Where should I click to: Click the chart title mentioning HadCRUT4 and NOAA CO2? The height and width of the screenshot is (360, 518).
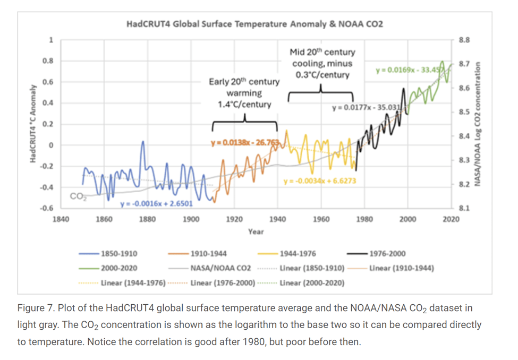254,24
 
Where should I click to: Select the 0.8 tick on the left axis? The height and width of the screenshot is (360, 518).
48,61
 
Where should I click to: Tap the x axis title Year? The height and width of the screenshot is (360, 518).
256,232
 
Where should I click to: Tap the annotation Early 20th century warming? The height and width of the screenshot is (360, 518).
244,93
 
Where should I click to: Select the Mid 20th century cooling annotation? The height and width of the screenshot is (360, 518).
322,63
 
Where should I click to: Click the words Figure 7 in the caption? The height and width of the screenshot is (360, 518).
35,308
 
